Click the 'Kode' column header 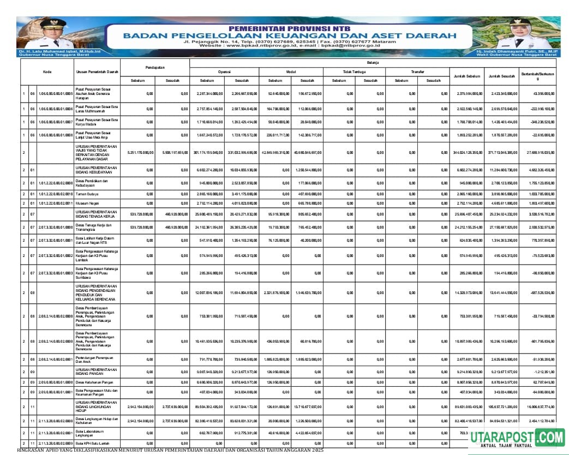pos(47,72)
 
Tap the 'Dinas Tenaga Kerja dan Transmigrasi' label pos(93,226)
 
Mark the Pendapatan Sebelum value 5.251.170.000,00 pos(140,153)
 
